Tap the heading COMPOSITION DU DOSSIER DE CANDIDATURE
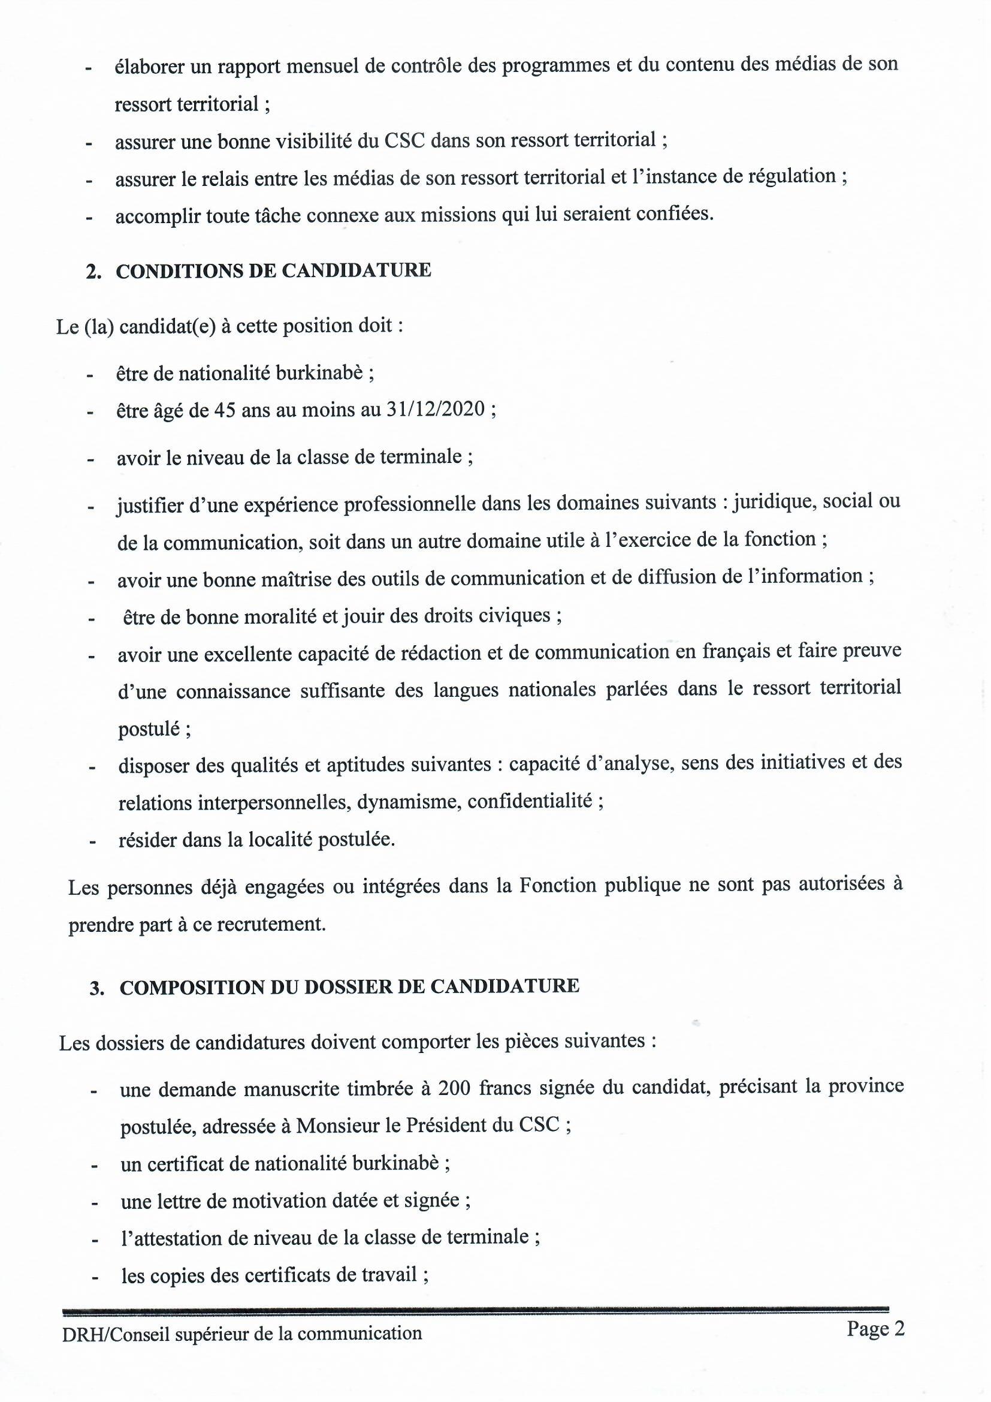(349, 986)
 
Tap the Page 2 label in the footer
(875, 1329)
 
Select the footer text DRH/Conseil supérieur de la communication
(241, 1332)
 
